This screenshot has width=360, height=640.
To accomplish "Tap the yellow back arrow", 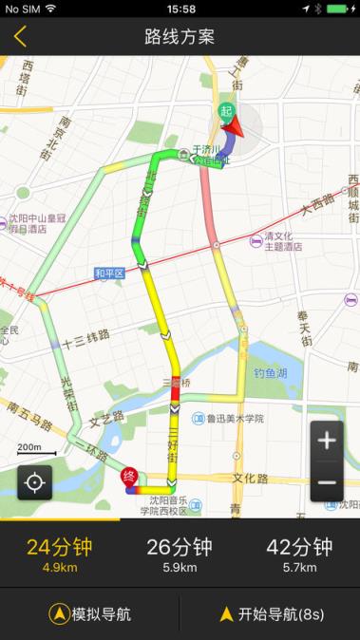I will pos(20,37).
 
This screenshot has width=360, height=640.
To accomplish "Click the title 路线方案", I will pos(180,37).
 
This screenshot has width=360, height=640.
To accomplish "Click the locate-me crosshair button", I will pos(34,482).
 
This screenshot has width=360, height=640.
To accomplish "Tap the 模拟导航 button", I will pos(90,614).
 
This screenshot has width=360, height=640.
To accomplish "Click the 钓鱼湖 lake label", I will pos(270,374).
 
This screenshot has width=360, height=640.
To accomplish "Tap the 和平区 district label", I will pos(109,274).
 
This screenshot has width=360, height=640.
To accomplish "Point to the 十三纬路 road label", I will pos(85,336).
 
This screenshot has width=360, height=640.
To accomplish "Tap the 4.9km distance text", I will pos(59,569).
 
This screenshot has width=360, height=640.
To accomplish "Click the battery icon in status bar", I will pos(341,8).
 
